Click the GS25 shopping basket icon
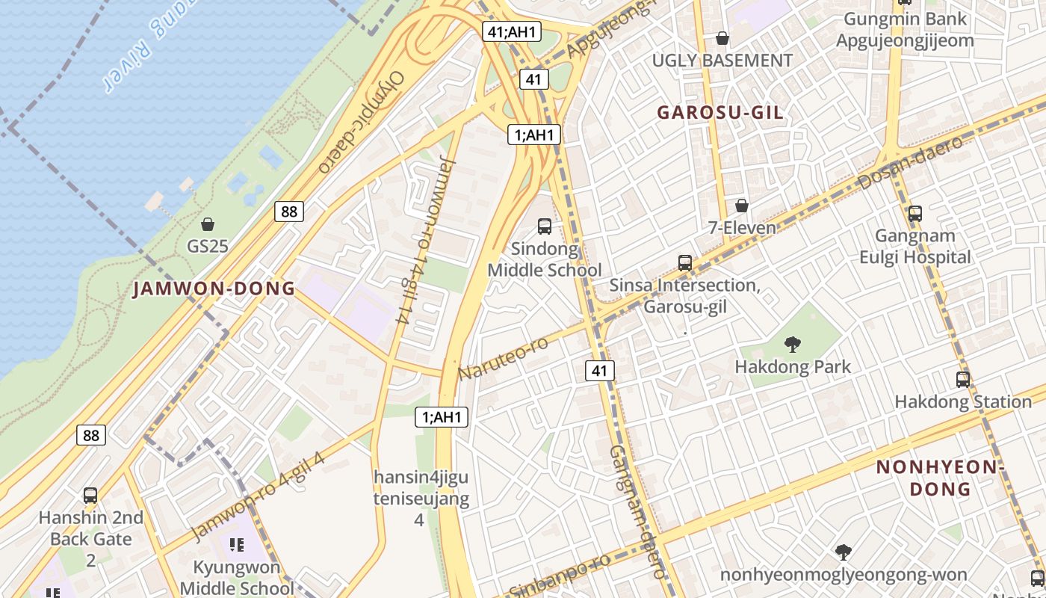[x=208, y=224]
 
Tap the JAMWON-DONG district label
[x=214, y=289]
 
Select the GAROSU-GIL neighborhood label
[x=720, y=113]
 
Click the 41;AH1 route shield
[x=511, y=31]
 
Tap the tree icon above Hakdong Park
[x=792, y=345]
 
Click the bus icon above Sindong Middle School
[x=545, y=226]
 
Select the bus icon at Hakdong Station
[x=962, y=380]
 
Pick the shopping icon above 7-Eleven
[x=742, y=206]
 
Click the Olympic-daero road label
[x=361, y=122]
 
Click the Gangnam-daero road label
[x=637, y=512]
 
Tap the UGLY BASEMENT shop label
[x=722, y=61]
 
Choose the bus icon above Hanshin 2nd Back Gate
[x=90, y=496]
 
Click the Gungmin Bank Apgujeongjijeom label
[x=905, y=29]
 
